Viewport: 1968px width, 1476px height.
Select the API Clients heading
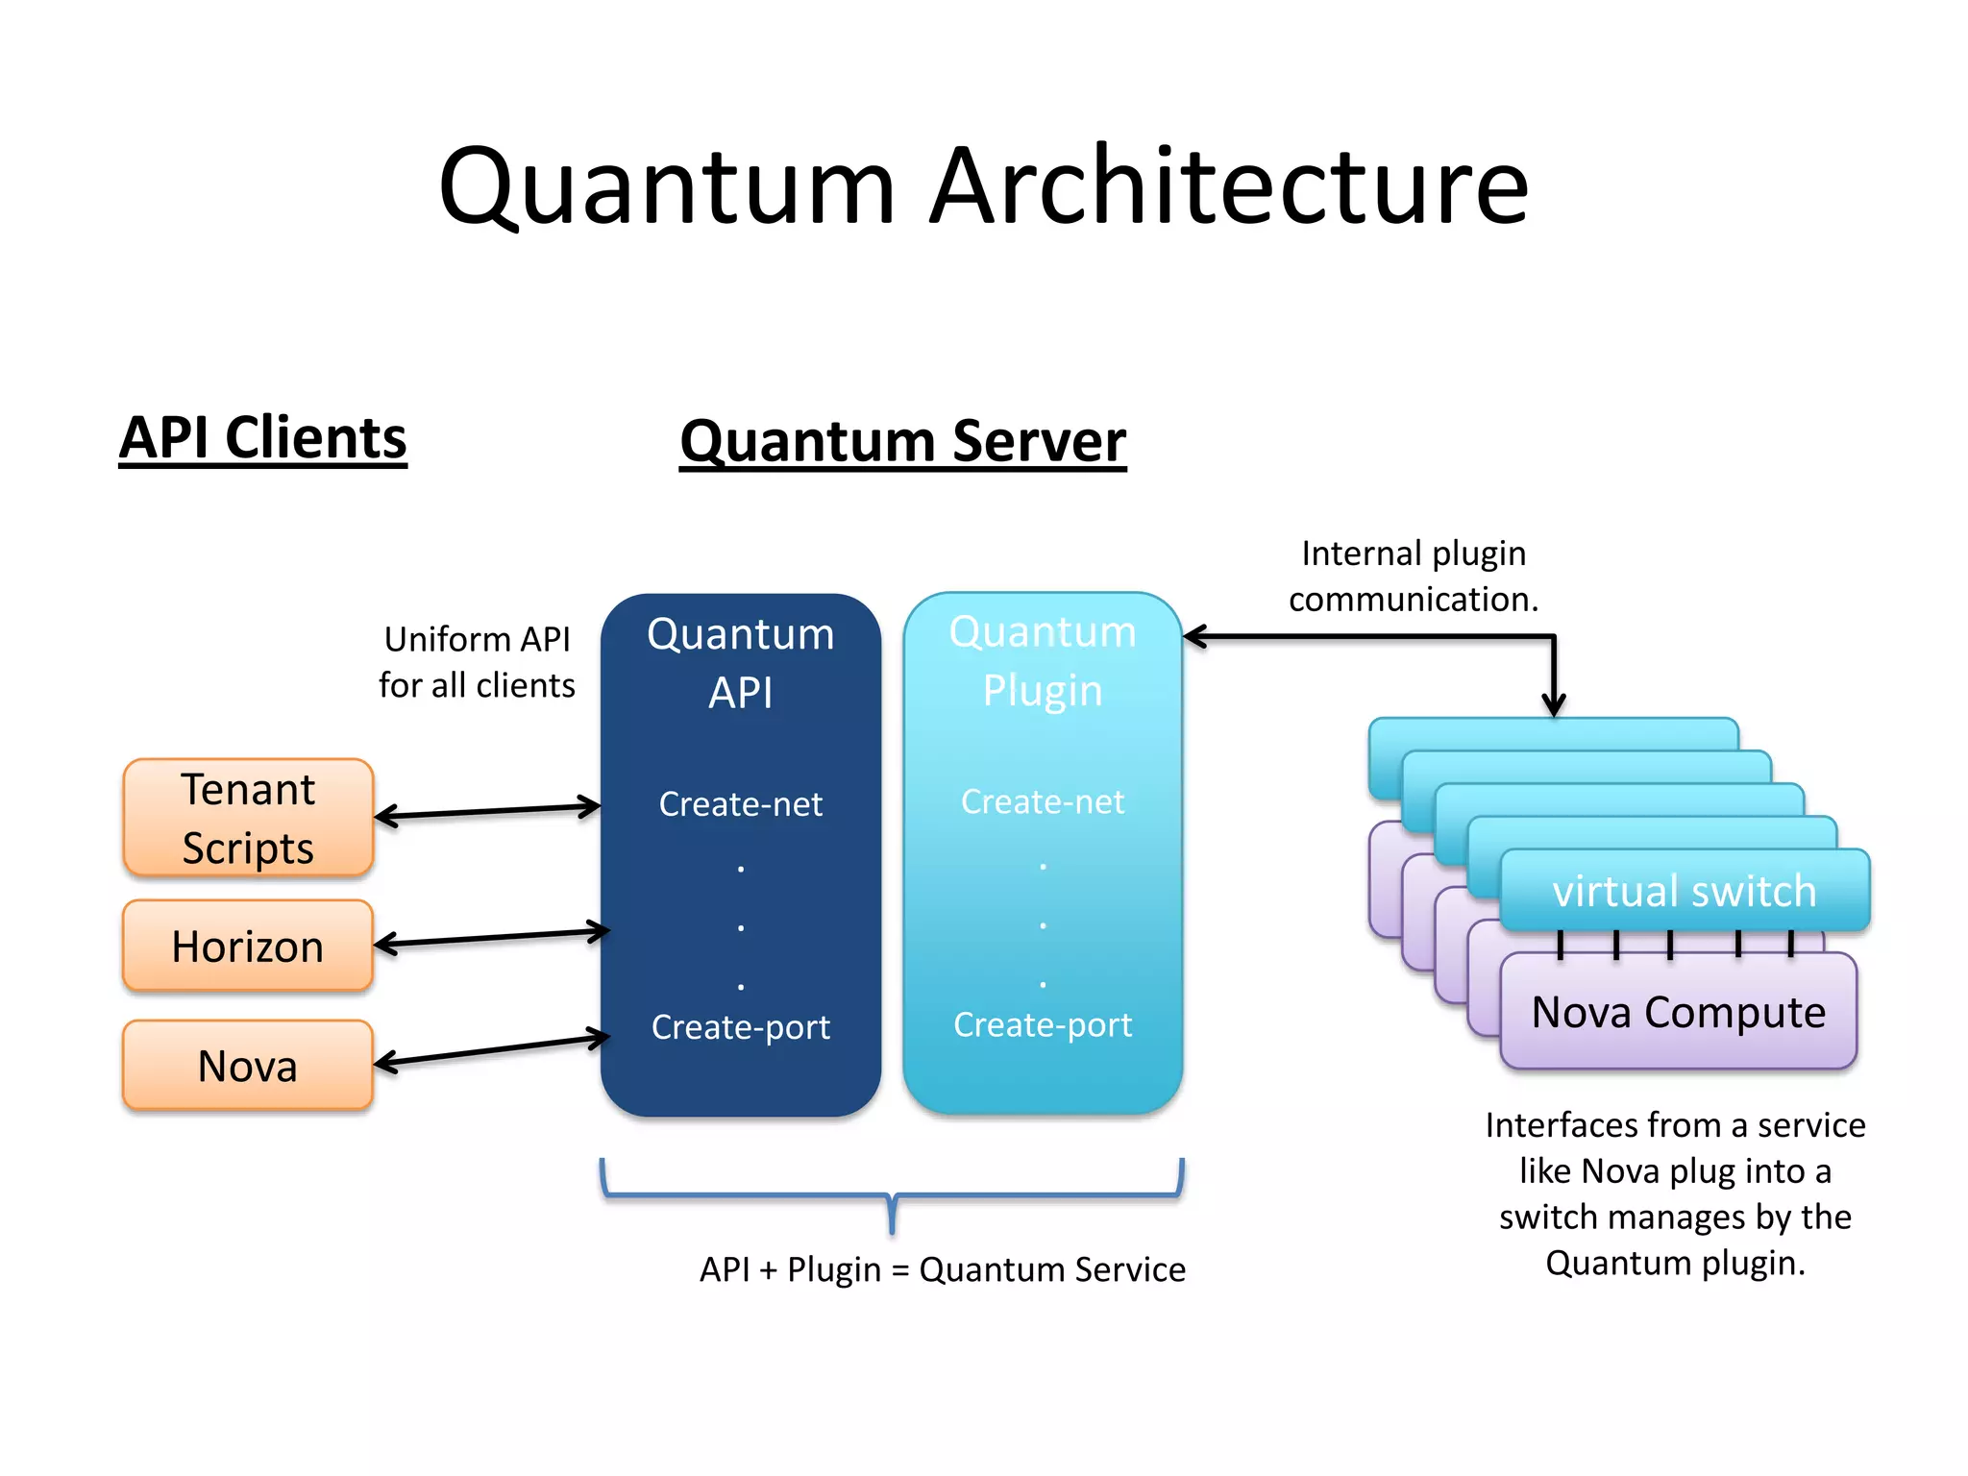262,438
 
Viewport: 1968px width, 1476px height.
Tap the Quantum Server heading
902,441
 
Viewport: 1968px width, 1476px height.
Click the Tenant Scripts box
248,818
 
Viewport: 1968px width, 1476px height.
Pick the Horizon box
248,947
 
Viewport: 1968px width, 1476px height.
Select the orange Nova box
248,1066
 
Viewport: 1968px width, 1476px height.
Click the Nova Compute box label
1678,1012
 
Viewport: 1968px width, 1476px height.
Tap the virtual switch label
1684,891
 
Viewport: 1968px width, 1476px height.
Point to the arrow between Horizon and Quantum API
491,938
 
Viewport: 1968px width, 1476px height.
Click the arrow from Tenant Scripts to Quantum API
487,812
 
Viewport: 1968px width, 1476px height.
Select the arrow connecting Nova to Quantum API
491,1050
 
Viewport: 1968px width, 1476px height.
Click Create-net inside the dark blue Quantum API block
740,804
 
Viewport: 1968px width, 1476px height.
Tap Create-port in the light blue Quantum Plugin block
1042,1024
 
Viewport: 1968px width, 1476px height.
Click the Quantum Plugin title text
1042,661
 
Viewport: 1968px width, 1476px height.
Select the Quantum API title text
740,663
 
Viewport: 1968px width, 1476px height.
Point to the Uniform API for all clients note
477,662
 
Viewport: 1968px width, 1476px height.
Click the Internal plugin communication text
1413,576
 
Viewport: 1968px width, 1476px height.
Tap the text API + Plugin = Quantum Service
942,1269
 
